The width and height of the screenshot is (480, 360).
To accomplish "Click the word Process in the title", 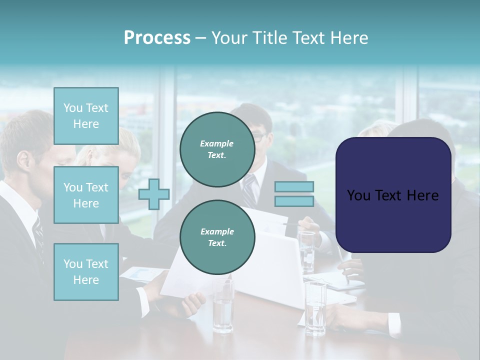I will click(157, 38).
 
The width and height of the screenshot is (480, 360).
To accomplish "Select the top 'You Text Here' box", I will click(86, 116).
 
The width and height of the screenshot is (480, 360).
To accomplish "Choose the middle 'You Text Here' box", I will click(86, 195).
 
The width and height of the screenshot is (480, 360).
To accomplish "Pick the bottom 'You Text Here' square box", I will click(86, 272).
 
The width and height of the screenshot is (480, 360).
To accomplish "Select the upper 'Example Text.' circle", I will click(217, 149).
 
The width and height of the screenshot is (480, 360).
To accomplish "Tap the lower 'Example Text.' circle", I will click(217, 237).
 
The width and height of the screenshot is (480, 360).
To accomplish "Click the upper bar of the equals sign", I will click(294, 187).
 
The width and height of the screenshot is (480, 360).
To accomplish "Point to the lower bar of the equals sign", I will click(294, 201).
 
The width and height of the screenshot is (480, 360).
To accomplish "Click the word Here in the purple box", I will click(422, 195).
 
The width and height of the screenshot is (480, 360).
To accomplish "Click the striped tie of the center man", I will click(250, 190).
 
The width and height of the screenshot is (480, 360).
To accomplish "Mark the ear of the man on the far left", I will click(23, 160).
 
